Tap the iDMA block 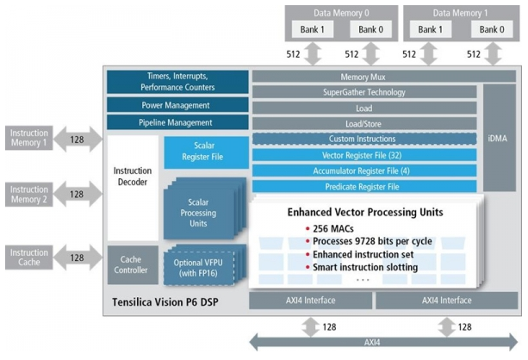pos(496,138)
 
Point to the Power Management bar pos(175,105)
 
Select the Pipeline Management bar pos(175,123)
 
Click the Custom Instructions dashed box pos(363,139)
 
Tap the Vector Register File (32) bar pos(363,155)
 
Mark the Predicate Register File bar pos(363,186)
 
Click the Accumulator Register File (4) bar pos(363,171)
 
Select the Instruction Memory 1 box pos(29,138)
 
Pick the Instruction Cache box pos(29,257)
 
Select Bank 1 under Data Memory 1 pos(430,29)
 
